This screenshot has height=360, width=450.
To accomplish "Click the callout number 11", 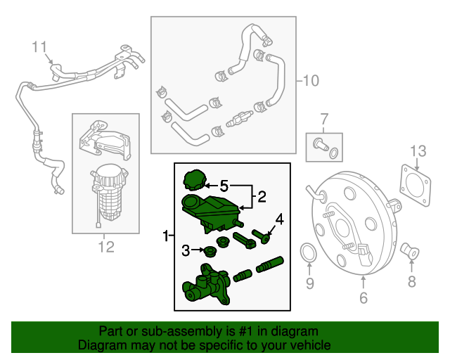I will tap(41, 47).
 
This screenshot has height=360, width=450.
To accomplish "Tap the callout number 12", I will tap(105, 246).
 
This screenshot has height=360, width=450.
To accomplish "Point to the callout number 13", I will tap(418, 150).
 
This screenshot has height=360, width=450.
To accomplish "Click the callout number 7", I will tap(324, 117).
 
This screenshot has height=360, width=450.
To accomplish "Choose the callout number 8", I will tap(411, 282).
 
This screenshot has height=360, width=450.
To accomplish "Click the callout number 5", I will tap(224, 186).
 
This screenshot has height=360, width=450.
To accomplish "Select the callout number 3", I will tap(186, 250).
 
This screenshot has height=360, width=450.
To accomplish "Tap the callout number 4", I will tap(279, 219).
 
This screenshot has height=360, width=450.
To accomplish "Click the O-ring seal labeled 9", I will tap(308, 253).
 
